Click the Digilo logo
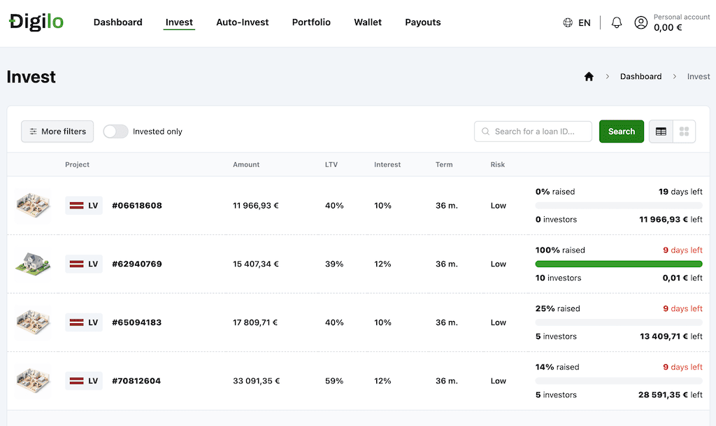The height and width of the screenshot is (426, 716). [x=36, y=22]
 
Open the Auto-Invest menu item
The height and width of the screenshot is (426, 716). [x=242, y=22]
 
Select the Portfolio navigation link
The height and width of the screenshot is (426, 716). [x=311, y=22]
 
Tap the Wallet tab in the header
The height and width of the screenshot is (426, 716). [x=368, y=22]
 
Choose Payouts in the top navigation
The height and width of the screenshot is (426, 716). [x=423, y=22]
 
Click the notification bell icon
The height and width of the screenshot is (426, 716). [x=617, y=22]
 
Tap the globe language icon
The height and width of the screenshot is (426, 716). [x=568, y=22]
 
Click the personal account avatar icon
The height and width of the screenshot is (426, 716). [x=640, y=22]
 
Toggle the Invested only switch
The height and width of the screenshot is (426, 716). [x=115, y=132]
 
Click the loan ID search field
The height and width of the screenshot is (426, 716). [x=533, y=132]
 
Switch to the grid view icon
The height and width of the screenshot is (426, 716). [x=684, y=132]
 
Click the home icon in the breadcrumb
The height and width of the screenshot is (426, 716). [x=589, y=76]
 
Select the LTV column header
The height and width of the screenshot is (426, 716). [x=331, y=164]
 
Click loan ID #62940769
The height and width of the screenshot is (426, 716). [x=137, y=264]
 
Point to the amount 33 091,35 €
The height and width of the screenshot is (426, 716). [x=256, y=381]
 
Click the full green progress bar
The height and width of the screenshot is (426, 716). [x=619, y=264]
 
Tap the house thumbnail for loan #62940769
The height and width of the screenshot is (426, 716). [x=33, y=264]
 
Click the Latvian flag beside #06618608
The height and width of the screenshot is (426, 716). [x=76, y=206]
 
